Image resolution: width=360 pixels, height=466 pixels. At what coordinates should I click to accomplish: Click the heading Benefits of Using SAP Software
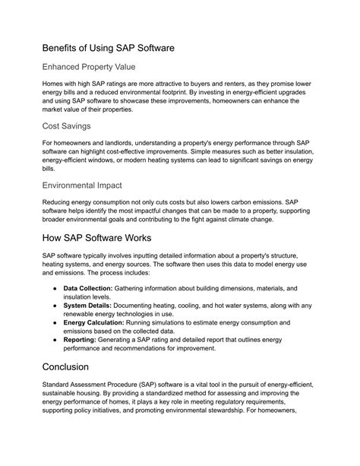coord(109,47)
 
